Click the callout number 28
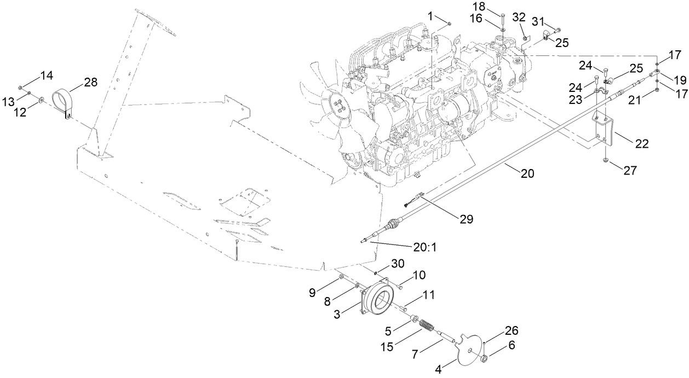pyautogui.click(x=90, y=82)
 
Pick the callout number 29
pyautogui.click(x=466, y=219)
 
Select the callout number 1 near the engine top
pyautogui.click(x=431, y=16)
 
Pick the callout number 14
pyautogui.click(x=47, y=75)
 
